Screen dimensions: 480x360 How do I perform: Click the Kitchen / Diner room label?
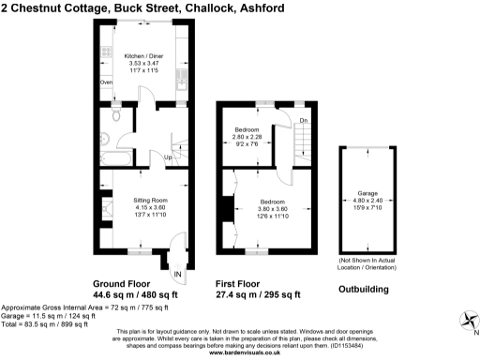tap(144, 55)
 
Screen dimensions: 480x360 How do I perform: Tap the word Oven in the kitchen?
tap(106, 83)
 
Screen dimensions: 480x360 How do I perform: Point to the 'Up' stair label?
tap(168, 157)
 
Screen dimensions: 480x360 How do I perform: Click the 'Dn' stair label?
tap(303, 121)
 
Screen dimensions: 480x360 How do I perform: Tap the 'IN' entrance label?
tap(177, 273)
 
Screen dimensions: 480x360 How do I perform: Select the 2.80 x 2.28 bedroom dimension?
tap(248, 138)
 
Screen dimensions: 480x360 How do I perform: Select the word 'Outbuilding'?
tap(364, 290)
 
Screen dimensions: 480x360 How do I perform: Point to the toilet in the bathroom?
tap(112, 118)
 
